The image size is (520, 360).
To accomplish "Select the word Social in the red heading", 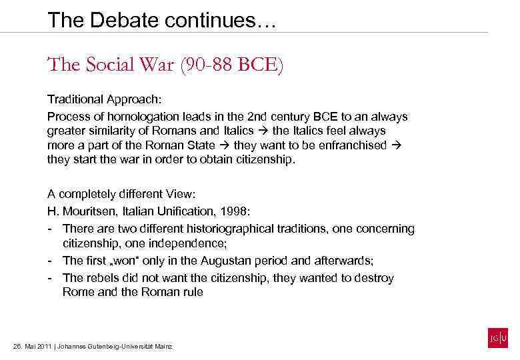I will (x=106, y=66).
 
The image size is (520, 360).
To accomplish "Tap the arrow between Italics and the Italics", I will (x=263, y=131).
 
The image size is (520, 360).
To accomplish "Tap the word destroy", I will (x=375, y=277).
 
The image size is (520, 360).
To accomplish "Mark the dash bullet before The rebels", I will (x=51, y=277).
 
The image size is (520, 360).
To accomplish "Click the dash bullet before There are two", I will (x=51, y=229).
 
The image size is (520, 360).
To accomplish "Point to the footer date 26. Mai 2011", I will (x=32, y=347).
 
